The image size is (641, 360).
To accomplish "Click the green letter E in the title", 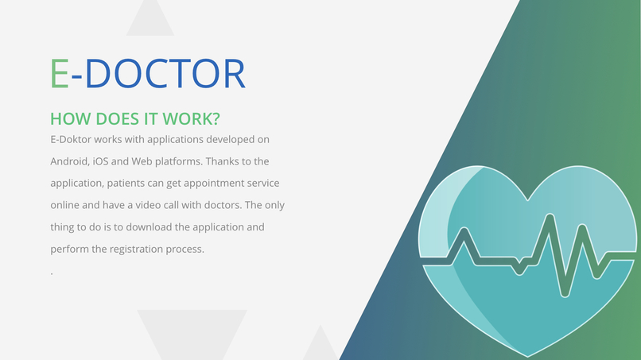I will click(x=59, y=73).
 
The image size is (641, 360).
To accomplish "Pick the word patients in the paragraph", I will click(x=127, y=183).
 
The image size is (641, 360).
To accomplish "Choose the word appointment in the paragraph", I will click(x=208, y=183).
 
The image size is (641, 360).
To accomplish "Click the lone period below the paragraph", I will click(x=52, y=273).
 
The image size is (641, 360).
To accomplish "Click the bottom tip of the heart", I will click(x=530, y=354).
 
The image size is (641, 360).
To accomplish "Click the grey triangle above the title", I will click(x=150, y=19).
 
